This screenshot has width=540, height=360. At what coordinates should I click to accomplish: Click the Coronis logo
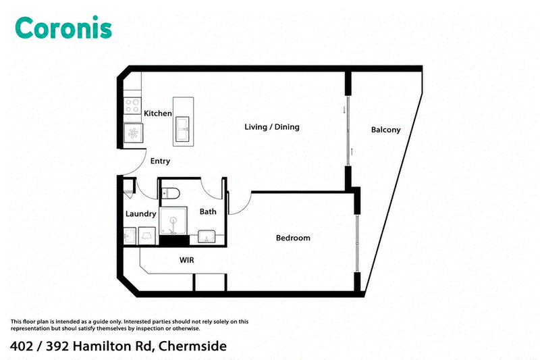63,28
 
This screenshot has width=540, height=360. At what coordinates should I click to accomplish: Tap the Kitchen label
158,113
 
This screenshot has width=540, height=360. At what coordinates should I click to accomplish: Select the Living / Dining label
272,127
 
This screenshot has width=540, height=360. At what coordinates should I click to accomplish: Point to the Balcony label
385,130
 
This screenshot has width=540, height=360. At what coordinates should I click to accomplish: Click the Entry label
160,161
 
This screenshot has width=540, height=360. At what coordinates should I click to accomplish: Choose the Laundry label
140,214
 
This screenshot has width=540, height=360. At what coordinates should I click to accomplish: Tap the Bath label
208,211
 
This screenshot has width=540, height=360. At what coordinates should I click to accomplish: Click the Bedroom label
293,238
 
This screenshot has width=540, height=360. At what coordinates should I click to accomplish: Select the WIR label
187,260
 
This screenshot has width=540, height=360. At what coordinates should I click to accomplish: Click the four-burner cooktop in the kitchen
132,105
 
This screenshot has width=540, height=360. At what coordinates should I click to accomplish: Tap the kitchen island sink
182,129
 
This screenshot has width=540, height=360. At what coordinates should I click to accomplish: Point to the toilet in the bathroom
170,193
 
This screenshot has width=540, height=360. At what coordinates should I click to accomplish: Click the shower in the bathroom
173,221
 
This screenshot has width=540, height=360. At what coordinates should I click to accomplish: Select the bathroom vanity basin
207,236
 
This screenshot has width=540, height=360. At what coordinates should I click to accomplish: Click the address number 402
22,346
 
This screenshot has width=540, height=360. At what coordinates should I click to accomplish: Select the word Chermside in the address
192,346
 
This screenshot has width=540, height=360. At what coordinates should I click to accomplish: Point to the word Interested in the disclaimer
137,322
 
